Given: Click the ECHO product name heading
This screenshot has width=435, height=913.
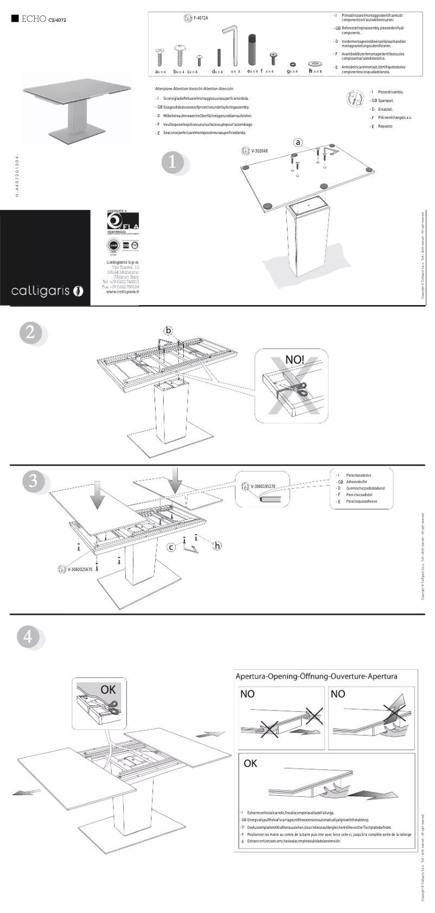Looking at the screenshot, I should [x=33, y=20].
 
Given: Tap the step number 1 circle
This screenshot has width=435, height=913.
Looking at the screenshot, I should [x=173, y=162].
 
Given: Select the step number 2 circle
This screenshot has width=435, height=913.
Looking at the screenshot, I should [x=30, y=332].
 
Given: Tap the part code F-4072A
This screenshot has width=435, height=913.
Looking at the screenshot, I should [x=201, y=18].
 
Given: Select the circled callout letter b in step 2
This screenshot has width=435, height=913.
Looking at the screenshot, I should [x=169, y=330].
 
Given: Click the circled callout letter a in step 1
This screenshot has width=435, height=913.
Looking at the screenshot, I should [x=298, y=142].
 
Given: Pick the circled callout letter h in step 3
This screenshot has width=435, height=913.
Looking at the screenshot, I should [x=217, y=545].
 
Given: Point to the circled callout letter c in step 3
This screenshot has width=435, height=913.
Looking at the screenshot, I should [x=171, y=547].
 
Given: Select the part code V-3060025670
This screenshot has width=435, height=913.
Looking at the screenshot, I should [x=80, y=569].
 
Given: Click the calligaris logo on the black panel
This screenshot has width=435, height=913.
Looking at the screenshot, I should [x=47, y=291].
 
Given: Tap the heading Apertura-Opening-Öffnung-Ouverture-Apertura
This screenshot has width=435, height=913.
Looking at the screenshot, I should [x=316, y=676].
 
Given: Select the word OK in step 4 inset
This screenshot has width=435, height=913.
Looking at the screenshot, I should [x=108, y=689].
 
